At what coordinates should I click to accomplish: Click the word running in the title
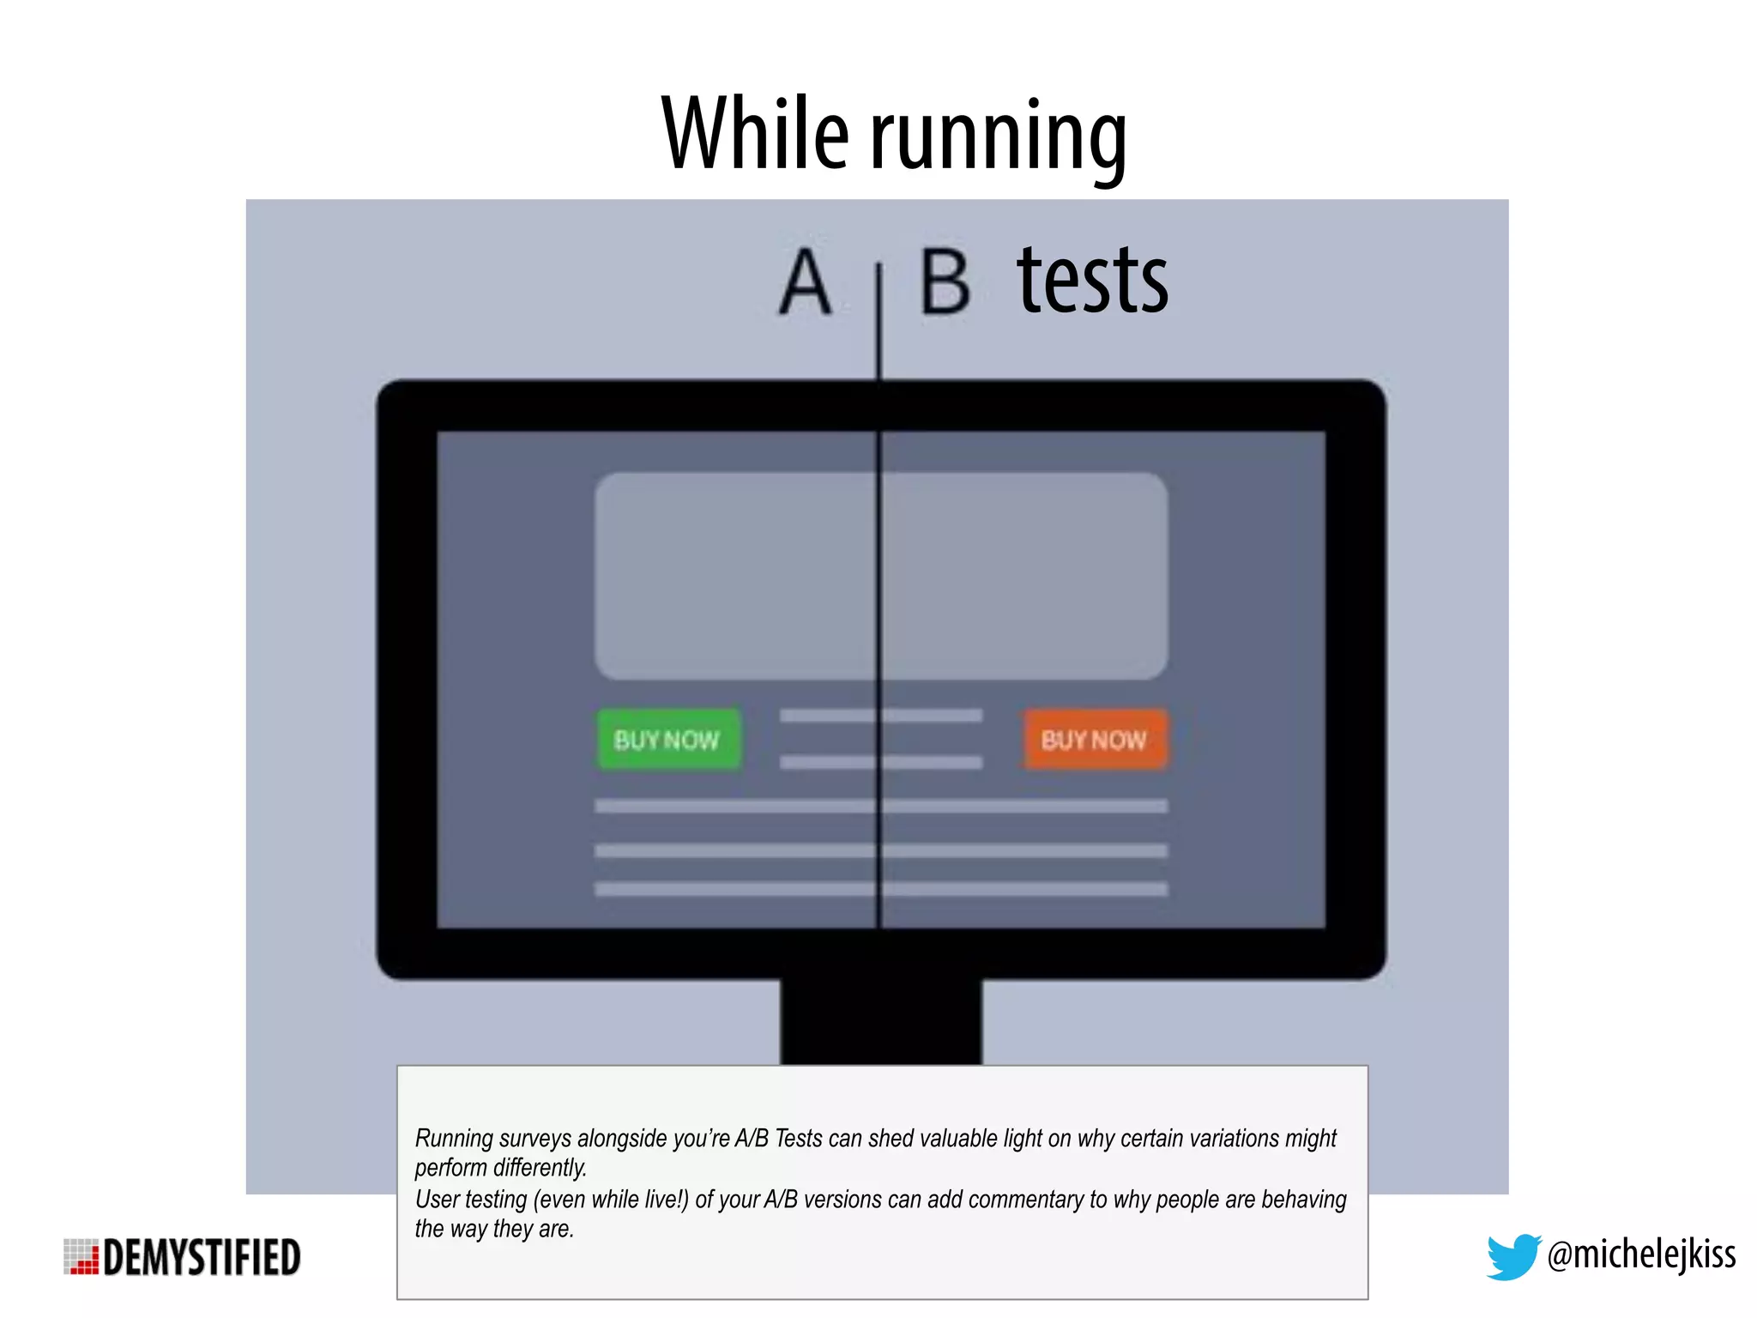click(999, 137)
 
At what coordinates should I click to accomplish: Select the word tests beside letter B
click(1092, 281)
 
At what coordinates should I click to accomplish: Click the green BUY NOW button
click(667, 739)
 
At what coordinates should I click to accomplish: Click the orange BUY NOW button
click(1095, 739)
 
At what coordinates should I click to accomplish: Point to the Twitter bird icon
click(1512, 1256)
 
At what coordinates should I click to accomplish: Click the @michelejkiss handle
click(1641, 1255)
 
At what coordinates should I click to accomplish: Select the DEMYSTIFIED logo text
click(202, 1258)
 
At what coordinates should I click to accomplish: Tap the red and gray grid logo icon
click(82, 1257)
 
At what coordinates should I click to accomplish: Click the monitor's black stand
click(880, 1021)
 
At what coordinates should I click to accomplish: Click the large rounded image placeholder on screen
click(880, 576)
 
